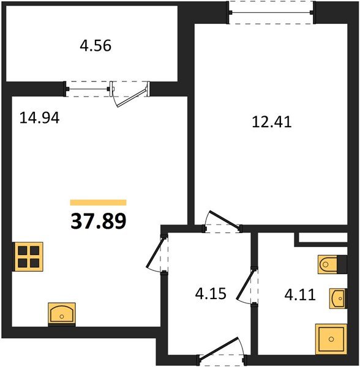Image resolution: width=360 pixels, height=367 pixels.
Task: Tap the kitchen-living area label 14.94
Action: tap(39, 118)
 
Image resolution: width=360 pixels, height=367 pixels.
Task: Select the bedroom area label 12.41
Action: tap(271, 122)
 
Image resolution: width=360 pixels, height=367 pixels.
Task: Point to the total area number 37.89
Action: tap(99, 221)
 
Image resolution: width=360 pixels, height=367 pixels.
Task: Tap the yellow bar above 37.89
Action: tap(99, 202)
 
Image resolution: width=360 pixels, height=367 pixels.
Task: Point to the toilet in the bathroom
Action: tap(331, 265)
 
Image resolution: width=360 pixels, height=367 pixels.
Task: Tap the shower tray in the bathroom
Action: tap(331, 338)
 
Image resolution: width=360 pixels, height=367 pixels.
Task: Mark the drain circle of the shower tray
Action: tap(331, 338)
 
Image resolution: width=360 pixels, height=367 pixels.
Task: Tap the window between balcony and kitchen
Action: tap(89, 88)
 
